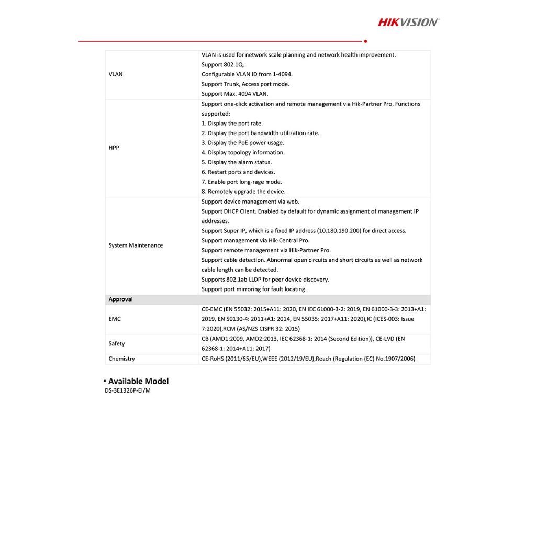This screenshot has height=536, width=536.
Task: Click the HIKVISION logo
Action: pos(409,22)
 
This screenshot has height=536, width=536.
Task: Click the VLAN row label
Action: pos(116,74)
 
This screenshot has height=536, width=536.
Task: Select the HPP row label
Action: pos(114,148)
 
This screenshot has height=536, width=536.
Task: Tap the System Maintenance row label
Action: pos(136,245)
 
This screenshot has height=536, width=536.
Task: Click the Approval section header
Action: pos(120,299)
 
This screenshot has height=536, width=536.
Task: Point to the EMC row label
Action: pos(115,319)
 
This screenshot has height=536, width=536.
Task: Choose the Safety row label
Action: pos(117,343)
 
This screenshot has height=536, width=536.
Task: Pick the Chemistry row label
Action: pos(121,359)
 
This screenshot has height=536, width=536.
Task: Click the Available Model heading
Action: pos(138,381)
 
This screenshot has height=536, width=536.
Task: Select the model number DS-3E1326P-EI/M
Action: pos(128,391)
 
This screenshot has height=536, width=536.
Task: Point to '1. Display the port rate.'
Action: pos(232,124)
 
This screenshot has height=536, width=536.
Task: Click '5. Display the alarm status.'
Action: pos(237,162)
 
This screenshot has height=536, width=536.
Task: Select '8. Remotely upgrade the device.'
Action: pos(243,192)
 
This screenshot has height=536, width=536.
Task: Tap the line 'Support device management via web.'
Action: pos(251,202)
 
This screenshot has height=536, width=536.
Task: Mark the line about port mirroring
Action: pos(254,289)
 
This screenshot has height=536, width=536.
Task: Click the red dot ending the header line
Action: pos(365,41)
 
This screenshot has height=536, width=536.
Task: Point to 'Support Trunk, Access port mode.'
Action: pos(245,84)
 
